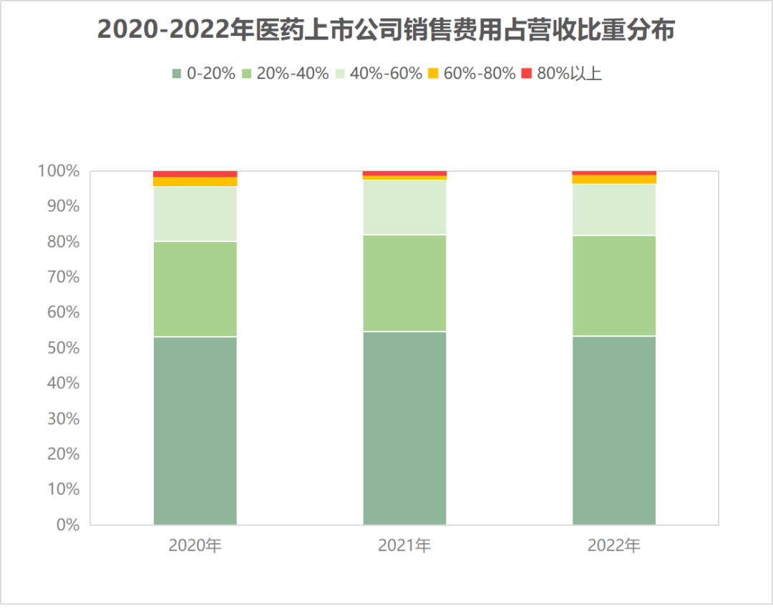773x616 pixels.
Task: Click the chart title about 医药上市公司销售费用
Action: click(x=386, y=31)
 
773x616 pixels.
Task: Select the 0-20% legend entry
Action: click(x=204, y=73)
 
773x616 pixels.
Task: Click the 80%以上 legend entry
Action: click(x=562, y=73)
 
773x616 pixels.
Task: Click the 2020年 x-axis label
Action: click(x=195, y=546)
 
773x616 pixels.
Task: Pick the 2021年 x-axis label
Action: click(x=404, y=546)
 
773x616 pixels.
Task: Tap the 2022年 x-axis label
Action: click(x=614, y=546)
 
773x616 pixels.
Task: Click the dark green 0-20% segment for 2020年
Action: click(x=195, y=430)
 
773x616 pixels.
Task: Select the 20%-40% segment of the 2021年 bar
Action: click(x=404, y=283)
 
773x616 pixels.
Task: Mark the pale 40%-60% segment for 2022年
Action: click(x=614, y=209)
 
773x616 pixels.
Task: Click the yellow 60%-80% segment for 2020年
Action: click(x=195, y=182)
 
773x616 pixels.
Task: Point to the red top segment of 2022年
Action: click(x=614, y=173)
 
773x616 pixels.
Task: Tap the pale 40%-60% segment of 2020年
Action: click(x=195, y=213)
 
